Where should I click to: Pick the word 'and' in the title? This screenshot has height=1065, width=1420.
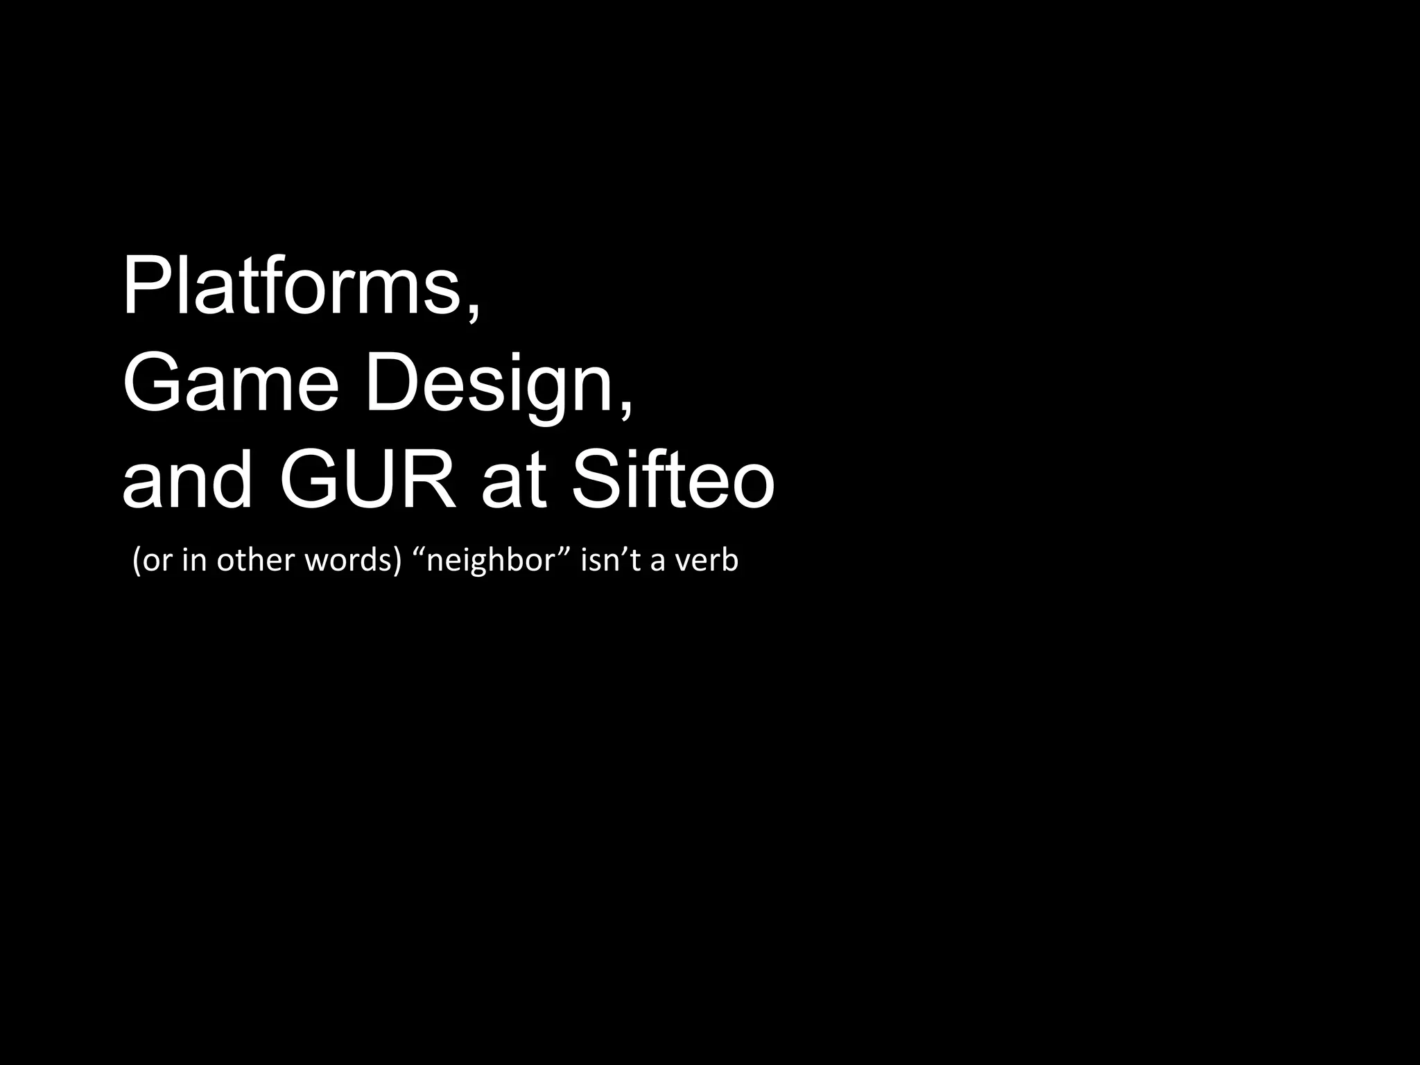click(187, 480)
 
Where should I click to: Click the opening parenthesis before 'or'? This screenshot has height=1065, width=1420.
click(137, 560)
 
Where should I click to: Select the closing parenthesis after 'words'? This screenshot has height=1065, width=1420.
click(398, 560)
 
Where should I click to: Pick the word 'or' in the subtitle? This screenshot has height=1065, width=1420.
click(157, 560)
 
